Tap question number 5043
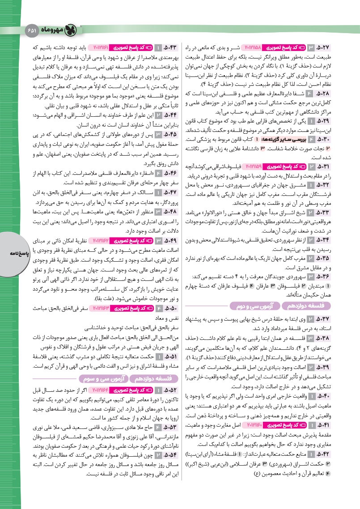coord(172,47)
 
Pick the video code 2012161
coord(103,47)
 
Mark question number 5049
coord(172,242)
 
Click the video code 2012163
coord(103,309)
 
